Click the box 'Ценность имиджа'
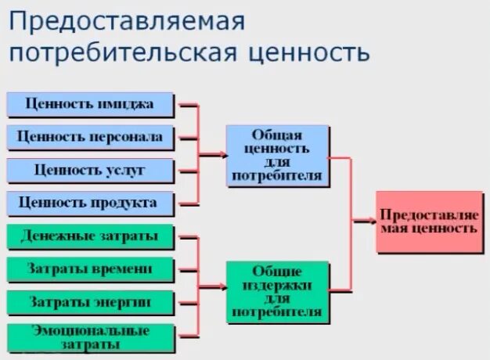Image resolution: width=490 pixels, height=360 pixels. click(90, 104)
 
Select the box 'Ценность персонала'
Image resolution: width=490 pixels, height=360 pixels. click(90, 137)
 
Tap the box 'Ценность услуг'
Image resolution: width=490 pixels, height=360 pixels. click(90, 170)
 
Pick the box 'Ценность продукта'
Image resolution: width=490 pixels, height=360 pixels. click(90, 203)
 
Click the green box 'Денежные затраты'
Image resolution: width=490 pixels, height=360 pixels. click(90, 236)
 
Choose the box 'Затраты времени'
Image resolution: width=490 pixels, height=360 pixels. click(90, 269)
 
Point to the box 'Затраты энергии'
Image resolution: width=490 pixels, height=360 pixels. click(90, 302)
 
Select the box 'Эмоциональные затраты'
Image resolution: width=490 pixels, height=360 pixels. click(90, 337)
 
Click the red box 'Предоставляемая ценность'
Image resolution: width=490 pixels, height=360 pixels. click(428, 221)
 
